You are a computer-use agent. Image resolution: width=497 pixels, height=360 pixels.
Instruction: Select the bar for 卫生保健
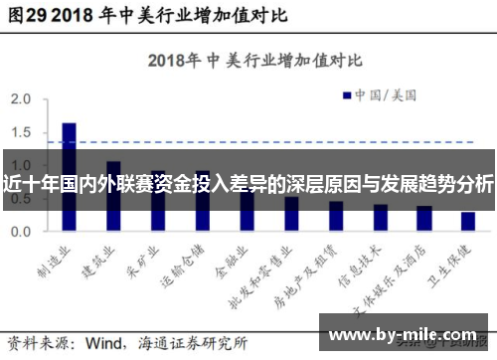pyautogui.click(x=467, y=221)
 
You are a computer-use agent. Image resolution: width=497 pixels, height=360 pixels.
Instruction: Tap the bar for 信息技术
pyautogui.click(x=381, y=218)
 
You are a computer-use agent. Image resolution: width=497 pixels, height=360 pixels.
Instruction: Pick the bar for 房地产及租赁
pyautogui.click(x=336, y=216)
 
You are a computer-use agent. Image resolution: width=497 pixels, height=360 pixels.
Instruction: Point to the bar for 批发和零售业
pyautogui.click(x=291, y=213)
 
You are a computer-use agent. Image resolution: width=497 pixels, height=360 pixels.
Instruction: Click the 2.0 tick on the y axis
pyautogui.click(x=21, y=100)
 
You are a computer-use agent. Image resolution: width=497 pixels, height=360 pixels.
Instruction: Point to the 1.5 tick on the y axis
pyautogui.click(x=21, y=133)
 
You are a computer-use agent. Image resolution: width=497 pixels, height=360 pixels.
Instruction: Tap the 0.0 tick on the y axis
pyautogui.click(x=21, y=231)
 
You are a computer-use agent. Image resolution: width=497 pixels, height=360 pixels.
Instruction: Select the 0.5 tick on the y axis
pyautogui.click(x=21, y=198)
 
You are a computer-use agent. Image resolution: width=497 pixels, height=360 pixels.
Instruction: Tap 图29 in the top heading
pyautogui.click(x=27, y=16)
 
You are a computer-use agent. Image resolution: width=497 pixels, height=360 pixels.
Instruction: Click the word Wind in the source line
pyautogui.click(x=106, y=342)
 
